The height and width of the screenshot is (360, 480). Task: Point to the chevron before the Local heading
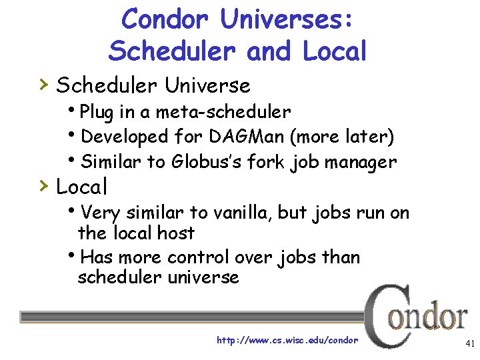click(43, 185)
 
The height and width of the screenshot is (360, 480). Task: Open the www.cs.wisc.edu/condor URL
click(287, 340)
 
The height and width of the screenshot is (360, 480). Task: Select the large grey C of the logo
click(382, 313)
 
